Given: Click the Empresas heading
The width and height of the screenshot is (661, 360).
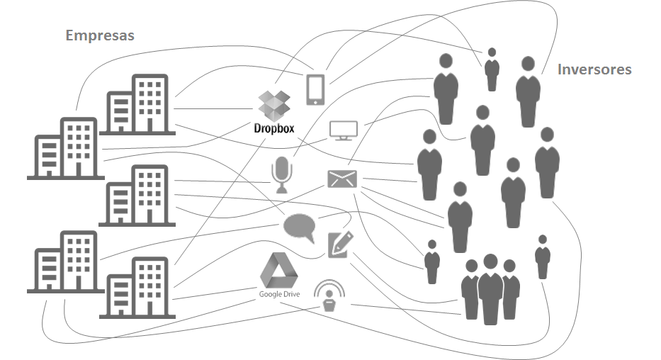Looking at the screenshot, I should [x=99, y=35].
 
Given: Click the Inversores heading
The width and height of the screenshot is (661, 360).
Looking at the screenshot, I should [x=594, y=69].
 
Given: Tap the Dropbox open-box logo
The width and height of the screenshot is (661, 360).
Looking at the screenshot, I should [x=273, y=106].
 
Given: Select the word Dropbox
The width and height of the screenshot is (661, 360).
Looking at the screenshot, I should [x=273, y=129].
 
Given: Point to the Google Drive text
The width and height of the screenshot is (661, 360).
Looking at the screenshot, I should [x=278, y=293].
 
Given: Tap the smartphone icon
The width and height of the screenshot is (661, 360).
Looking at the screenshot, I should [x=316, y=89].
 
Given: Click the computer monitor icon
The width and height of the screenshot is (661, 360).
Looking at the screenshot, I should [x=344, y=130].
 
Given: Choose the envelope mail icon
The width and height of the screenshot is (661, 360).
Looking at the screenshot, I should [x=343, y=179].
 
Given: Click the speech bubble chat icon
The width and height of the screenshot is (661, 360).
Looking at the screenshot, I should [x=299, y=227].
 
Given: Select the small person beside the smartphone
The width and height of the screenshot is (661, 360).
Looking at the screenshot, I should [x=491, y=69].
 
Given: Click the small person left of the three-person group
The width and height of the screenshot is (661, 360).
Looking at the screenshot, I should [x=431, y=261].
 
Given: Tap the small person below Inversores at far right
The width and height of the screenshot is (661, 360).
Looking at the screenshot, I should [x=542, y=257].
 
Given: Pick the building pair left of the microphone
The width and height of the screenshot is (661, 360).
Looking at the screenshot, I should [x=139, y=196].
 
